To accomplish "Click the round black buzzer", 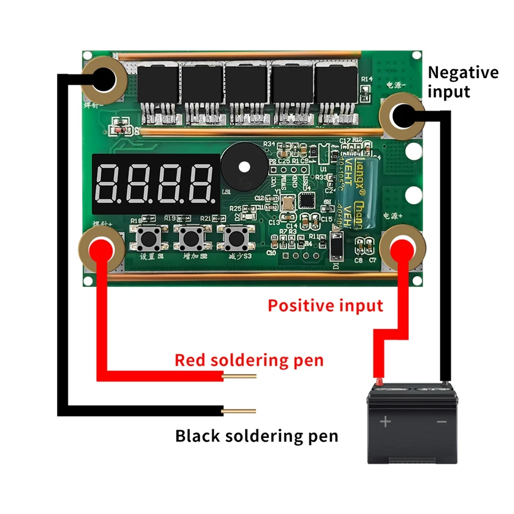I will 244,167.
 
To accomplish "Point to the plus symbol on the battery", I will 385,422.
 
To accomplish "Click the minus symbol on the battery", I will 442,422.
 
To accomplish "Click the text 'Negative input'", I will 463,82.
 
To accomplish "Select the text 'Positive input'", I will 326,306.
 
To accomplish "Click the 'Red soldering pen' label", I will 249,360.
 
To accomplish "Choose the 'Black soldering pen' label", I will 257,436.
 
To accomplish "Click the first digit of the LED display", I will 109,184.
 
